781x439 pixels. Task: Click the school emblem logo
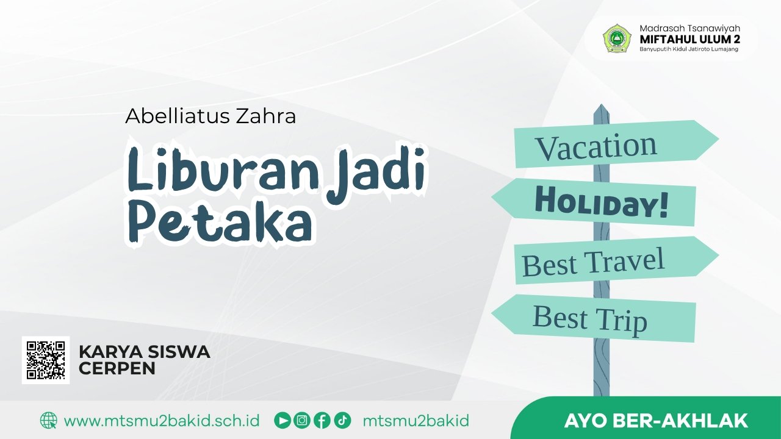pos(617,38)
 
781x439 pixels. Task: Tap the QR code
pos(46,360)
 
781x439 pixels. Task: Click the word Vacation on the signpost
pos(596,146)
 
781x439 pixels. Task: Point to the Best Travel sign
pos(593,262)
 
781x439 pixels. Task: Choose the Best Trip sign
pos(589,318)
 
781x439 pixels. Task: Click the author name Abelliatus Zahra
pos(211,116)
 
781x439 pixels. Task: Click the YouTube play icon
pos(283,420)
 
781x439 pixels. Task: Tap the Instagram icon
pos(302,420)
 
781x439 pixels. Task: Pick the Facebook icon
pos(322,420)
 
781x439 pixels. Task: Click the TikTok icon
pos(342,420)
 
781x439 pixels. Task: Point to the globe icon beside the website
pos(48,420)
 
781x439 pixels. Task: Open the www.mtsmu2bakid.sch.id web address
pos(162,421)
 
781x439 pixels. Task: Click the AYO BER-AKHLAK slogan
pos(656,421)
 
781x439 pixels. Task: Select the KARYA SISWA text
pos(145,352)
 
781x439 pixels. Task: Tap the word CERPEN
pos(117,368)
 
